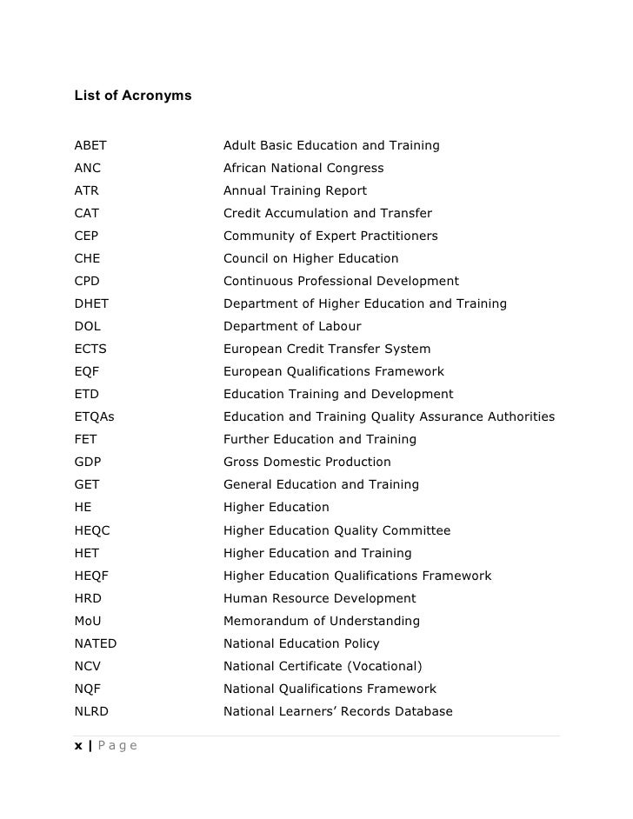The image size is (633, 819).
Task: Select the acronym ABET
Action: (90, 145)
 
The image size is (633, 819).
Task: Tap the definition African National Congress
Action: (303, 168)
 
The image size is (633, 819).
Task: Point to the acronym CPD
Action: (88, 281)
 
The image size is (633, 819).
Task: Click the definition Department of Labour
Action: (292, 326)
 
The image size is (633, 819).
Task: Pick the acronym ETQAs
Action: (95, 416)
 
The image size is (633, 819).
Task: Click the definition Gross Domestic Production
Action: (307, 462)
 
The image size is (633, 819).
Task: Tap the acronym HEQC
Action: (92, 530)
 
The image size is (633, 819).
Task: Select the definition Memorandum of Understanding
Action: (322, 621)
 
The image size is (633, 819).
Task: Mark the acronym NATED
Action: (96, 643)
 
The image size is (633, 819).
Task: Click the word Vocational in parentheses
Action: (382, 666)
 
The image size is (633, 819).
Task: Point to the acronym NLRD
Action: (92, 711)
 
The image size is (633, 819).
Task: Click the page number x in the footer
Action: (78, 745)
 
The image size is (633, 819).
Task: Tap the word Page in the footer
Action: (117, 745)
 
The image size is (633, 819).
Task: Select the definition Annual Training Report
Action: (295, 190)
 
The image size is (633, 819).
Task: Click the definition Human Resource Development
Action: (319, 598)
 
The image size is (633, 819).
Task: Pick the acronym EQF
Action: (87, 371)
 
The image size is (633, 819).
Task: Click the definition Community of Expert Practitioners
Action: (330, 236)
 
